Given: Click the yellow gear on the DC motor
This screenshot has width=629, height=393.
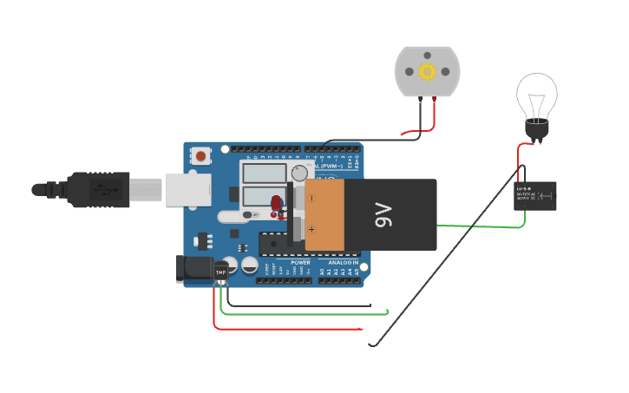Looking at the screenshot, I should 427,71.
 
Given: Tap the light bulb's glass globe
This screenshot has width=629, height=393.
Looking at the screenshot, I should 536,95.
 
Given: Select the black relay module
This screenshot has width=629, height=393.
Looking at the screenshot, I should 535,196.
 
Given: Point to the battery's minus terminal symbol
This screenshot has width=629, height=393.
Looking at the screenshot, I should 311,198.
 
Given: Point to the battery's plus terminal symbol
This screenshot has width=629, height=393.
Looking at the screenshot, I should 311,230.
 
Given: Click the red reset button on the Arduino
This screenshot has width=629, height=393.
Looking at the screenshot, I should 201,156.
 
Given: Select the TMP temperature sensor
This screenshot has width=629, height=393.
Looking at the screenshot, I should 220,272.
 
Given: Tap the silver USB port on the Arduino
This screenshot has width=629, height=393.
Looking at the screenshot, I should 187,188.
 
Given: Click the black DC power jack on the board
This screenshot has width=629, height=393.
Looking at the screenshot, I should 193,269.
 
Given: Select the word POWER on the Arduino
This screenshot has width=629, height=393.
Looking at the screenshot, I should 300,262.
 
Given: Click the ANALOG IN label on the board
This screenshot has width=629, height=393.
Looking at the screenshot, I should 343,262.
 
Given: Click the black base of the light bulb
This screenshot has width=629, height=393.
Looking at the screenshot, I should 537,130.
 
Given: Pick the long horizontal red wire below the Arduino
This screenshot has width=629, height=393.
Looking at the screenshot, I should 286,329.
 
